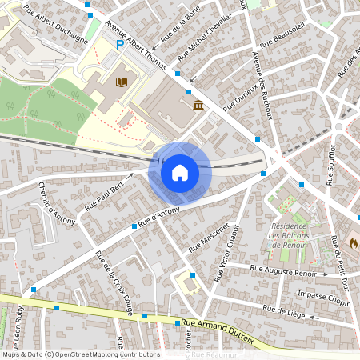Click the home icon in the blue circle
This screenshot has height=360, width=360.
click(x=179, y=173)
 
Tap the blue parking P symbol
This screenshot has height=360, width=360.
click(x=120, y=46)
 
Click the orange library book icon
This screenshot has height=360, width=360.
click(x=122, y=82)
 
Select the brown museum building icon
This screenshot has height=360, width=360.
click(x=197, y=106)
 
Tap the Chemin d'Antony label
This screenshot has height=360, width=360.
click(x=56, y=201)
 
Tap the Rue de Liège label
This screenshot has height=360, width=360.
click(x=286, y=310)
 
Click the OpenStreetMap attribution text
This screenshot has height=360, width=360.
click(x=80, y=354)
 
